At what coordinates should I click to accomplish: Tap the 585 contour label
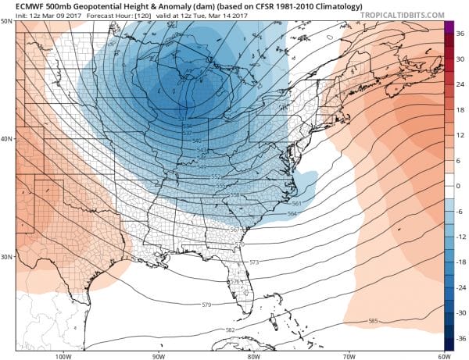point(372,321)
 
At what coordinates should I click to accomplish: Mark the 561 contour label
point(297,203)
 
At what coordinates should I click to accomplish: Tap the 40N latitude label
point(7,139)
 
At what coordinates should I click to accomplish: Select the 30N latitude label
point(7,257)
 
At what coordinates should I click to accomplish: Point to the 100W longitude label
point(64,355)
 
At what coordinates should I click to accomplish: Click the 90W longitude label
point(159,355)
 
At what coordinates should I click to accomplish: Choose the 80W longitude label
point(253,355)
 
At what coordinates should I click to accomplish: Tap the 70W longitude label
point(346,355)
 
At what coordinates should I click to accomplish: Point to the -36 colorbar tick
point(460,340)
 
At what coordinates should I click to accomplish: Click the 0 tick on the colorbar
point(460,187)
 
